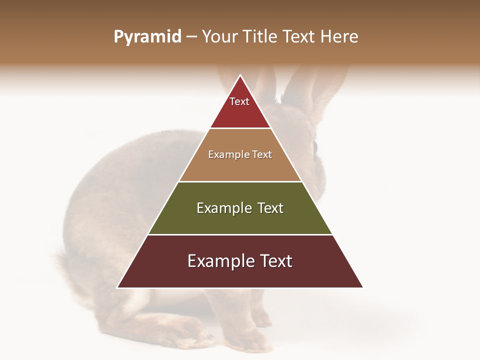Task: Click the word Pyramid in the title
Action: click(147, 37)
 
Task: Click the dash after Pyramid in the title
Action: click(191, 37)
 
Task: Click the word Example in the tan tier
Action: click(224, 155)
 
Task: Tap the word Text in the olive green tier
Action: click(270, 208)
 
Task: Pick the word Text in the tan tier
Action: click(262, 155)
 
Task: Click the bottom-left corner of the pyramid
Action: click(118, 287)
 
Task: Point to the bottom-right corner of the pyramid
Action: click(362, 287)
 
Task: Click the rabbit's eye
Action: click(315, 146)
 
